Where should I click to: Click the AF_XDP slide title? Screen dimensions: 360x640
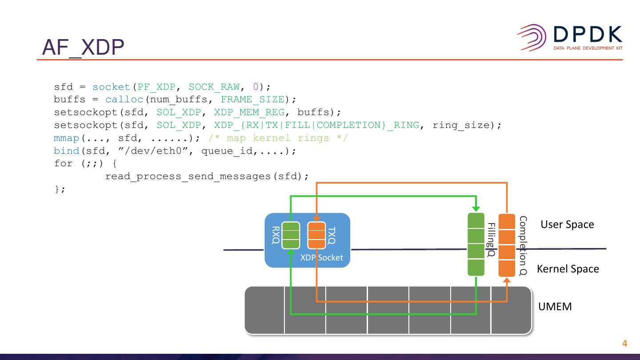pyautogui.click(x=83, y=48)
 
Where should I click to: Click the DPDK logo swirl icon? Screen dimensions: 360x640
pyautogui.click(x=532, y=38)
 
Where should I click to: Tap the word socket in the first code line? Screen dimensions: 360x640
pyautogui.click(x=112, y=87)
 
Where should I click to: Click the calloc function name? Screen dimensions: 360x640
pyautogui.click(x=124, y=100)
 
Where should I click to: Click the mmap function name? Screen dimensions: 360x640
pyautogui.click(x=67, y=138)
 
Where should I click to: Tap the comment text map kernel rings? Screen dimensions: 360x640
pyautogui.click(x=278, y=138)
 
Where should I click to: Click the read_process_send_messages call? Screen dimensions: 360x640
pyautogui.click(x=188, y=176)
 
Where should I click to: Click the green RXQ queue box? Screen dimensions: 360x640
pyautogui.click(x=291, y=235)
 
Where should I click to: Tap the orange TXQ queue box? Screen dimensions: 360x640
pyautogui.click(x=316, y=235)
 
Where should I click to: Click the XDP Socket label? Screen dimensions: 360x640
pyautogui.click(x=321, y=258)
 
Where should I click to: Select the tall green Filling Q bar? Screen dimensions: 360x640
pyautogui.click(x=476, y=244)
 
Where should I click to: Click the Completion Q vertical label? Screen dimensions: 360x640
pyautogui.click(x=523, y=245)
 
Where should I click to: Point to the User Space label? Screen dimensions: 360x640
pyautogui.click(x=567, y=224)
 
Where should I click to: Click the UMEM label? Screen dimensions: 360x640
pyautogui.click(x=555, y=307)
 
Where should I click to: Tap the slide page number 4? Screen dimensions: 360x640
pyautogui.click(x=624, y=344)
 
